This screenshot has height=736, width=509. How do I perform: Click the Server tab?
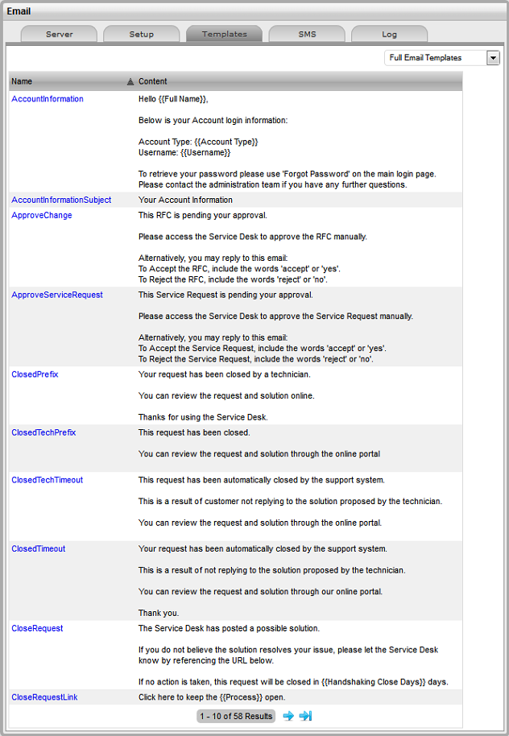pos(60,34)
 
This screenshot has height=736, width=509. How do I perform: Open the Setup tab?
pos(142,34)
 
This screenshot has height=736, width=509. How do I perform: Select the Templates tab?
pos(224,34)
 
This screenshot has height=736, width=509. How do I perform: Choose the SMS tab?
pos(307,34)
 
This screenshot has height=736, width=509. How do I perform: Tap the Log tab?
pos(389,34)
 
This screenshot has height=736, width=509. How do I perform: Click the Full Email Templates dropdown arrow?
pos(493,58)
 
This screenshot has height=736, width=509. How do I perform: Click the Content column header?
pos(153,81)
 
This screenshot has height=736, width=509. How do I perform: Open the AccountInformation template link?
pos(48,99)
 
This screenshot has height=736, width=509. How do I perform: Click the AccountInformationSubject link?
pos(61,200)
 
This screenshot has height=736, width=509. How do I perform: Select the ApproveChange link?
pos(42,216)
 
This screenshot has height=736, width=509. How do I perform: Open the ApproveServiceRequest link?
pos(57,295)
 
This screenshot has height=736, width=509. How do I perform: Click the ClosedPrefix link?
pos(35,374)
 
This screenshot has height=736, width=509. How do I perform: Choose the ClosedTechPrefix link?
pos(43,432)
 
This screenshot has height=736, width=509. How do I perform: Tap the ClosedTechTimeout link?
pos(47,480)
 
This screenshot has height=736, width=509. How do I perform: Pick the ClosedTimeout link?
pos(39,548)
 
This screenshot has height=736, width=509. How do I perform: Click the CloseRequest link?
pos(37,628)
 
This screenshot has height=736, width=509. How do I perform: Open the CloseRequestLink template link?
pos(44,697)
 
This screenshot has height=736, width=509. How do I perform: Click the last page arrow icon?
pos(305,716)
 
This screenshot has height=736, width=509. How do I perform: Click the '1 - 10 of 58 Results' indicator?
pos(236,716)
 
